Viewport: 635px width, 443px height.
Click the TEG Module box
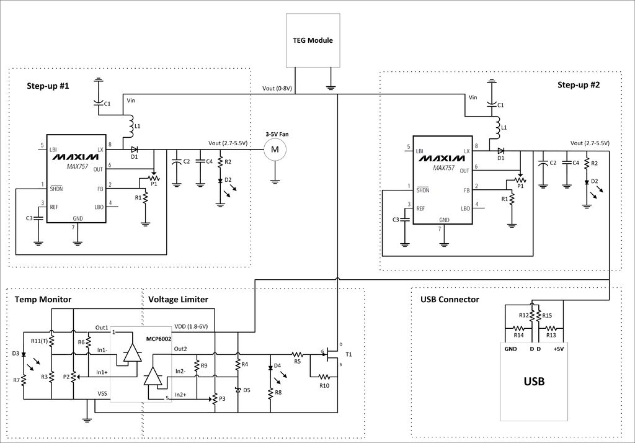pyautogui.click(x=313, y=40)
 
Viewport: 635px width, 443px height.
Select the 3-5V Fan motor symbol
pyautogui.click(x=275, y=150)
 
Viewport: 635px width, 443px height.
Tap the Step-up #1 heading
pyautogui.click(x=48, y=86)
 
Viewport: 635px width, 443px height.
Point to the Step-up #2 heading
pyautogui.click(x=579, y=85)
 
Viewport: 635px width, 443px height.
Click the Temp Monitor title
pyautogui.click(x=43, y=300)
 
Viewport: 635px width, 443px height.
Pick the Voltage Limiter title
pyautogui.click(x=178, y=300)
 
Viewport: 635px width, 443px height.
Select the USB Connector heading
pyautogui.click(x=450, y=300)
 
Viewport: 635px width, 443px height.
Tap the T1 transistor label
pyautogui.click(x=349, y=355)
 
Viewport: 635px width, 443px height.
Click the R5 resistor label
pyautogui.click(x=298, y=361)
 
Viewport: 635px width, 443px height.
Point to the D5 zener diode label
pyautogui.click(x=247, y=390)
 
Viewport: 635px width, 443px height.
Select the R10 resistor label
pyautogui.click(x=324, y=385)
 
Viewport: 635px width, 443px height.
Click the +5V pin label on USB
pyautogui.click(x=559, y=349)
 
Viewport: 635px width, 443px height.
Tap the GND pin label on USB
pyautogui.click(x=511, y=349)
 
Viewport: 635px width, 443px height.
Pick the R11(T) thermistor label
pyautogui.click(x=39, y=341)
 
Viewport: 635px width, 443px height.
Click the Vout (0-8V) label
pyautogui.click(x=277, y=88)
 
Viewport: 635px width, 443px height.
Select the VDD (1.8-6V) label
pyautogui.click(x=191, y=326)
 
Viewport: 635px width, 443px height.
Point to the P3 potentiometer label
pyautogui.click(x=222, y=399)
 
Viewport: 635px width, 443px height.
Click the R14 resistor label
pyautogui.click(x=518, y=335)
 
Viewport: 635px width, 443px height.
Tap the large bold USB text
pyautogui.click(x=534, y=382)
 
